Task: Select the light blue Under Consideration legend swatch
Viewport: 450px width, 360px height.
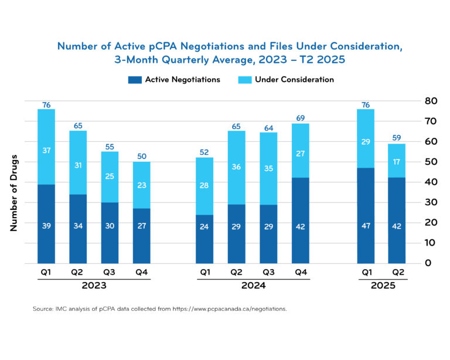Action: coord(244,80)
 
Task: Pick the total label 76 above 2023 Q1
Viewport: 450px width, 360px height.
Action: coord(46,105)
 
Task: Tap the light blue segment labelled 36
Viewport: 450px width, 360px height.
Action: coord(236,168)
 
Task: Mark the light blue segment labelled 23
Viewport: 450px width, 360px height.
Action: coord(141,185)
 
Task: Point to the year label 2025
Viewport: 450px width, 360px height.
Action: coord(382,286)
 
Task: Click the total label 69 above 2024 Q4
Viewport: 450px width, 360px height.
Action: coord(300,119)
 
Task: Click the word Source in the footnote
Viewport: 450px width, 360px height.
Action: coord(43,308)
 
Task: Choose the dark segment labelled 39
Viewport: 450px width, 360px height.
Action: coord(46,224)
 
